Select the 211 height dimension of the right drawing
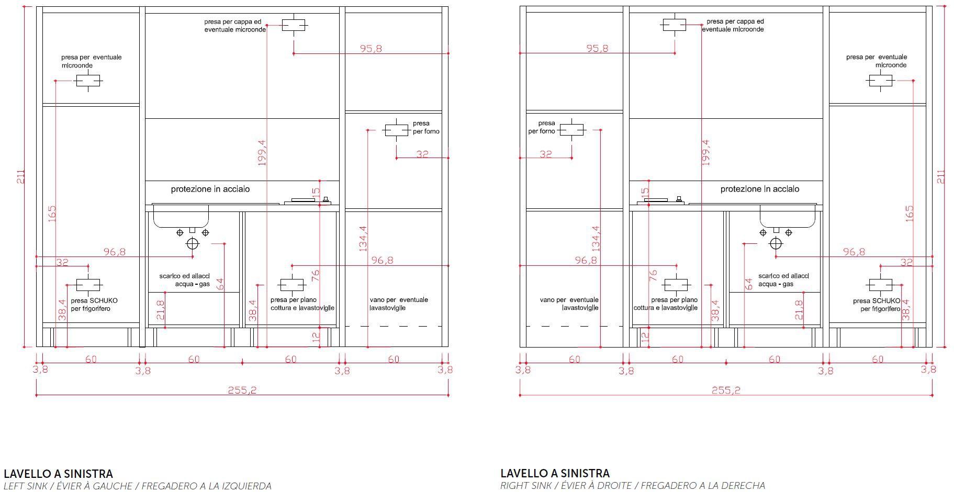click(x=940, y=176)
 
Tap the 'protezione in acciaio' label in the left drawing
click(x=210, y=189)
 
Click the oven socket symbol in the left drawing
click(x=396, y=130)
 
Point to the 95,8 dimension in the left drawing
click(x=371, y=49)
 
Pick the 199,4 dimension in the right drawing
click(x=705, y=152)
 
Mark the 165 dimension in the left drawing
click(x=51, y=214)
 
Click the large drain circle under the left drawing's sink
click(x=193, y=243)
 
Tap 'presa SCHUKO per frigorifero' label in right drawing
click(x=877, y=305)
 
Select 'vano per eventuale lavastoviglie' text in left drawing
click(x=399, y=304)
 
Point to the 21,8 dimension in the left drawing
click(x=160, y=310)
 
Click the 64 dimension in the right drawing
click(x=749, y=284)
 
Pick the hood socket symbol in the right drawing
click(x=674, y=25)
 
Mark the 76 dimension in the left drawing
click(x=315, y=276)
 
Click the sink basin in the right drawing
click(x=788, y=216)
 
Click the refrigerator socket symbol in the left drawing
click(x=88, y=285)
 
